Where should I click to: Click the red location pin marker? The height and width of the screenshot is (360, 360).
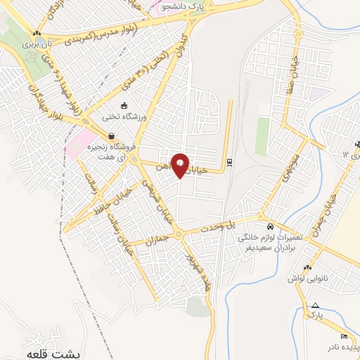point(181,165)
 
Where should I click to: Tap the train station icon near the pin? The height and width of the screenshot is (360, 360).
point(230,167)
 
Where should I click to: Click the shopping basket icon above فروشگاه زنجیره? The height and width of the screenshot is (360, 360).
point(110,136)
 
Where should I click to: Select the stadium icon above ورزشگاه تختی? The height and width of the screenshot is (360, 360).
point(124,105)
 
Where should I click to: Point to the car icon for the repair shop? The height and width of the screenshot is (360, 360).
point(271,228)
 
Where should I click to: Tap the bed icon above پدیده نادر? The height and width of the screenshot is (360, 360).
point(343,336)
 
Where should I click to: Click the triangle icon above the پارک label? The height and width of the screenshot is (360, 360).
point(315,306)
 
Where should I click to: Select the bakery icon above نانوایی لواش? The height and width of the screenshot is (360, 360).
point(307,268)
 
